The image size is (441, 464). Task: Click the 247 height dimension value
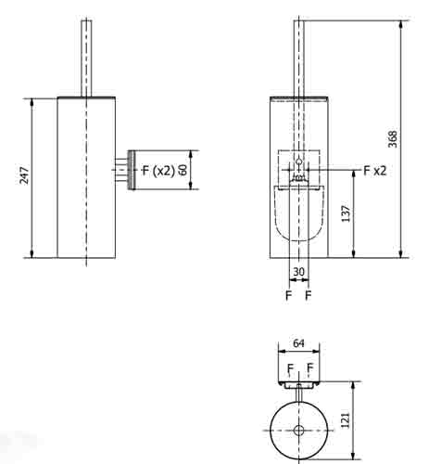point(26,175)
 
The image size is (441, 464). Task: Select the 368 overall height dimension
point(394,138)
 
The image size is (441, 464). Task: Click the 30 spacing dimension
point(298,272)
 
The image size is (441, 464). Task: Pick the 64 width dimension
point(298,343)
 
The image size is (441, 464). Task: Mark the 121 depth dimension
point(346,419)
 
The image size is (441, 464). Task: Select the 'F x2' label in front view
point(375,170)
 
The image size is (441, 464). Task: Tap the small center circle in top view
point(298,431)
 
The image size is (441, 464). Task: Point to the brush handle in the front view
point(298,56)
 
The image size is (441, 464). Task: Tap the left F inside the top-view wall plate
point(290,369)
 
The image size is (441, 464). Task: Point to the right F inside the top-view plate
point(308,369)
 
